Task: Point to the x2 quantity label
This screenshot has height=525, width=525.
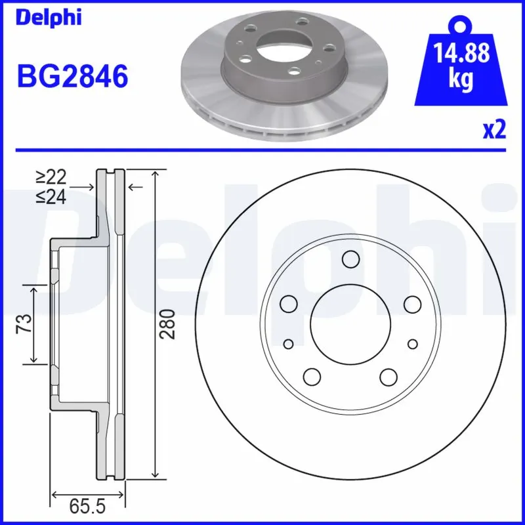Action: [494, 129]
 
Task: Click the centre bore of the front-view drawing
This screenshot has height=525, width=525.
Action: [350, 324]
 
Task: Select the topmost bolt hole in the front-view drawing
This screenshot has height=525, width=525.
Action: [350, 260]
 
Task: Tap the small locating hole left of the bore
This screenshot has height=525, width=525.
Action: [288, 344]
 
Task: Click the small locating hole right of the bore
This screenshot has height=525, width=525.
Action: [412, 344]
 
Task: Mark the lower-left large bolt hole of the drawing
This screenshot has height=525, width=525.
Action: [312, 376]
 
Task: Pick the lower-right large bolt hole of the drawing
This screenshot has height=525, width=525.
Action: [388, 376]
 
